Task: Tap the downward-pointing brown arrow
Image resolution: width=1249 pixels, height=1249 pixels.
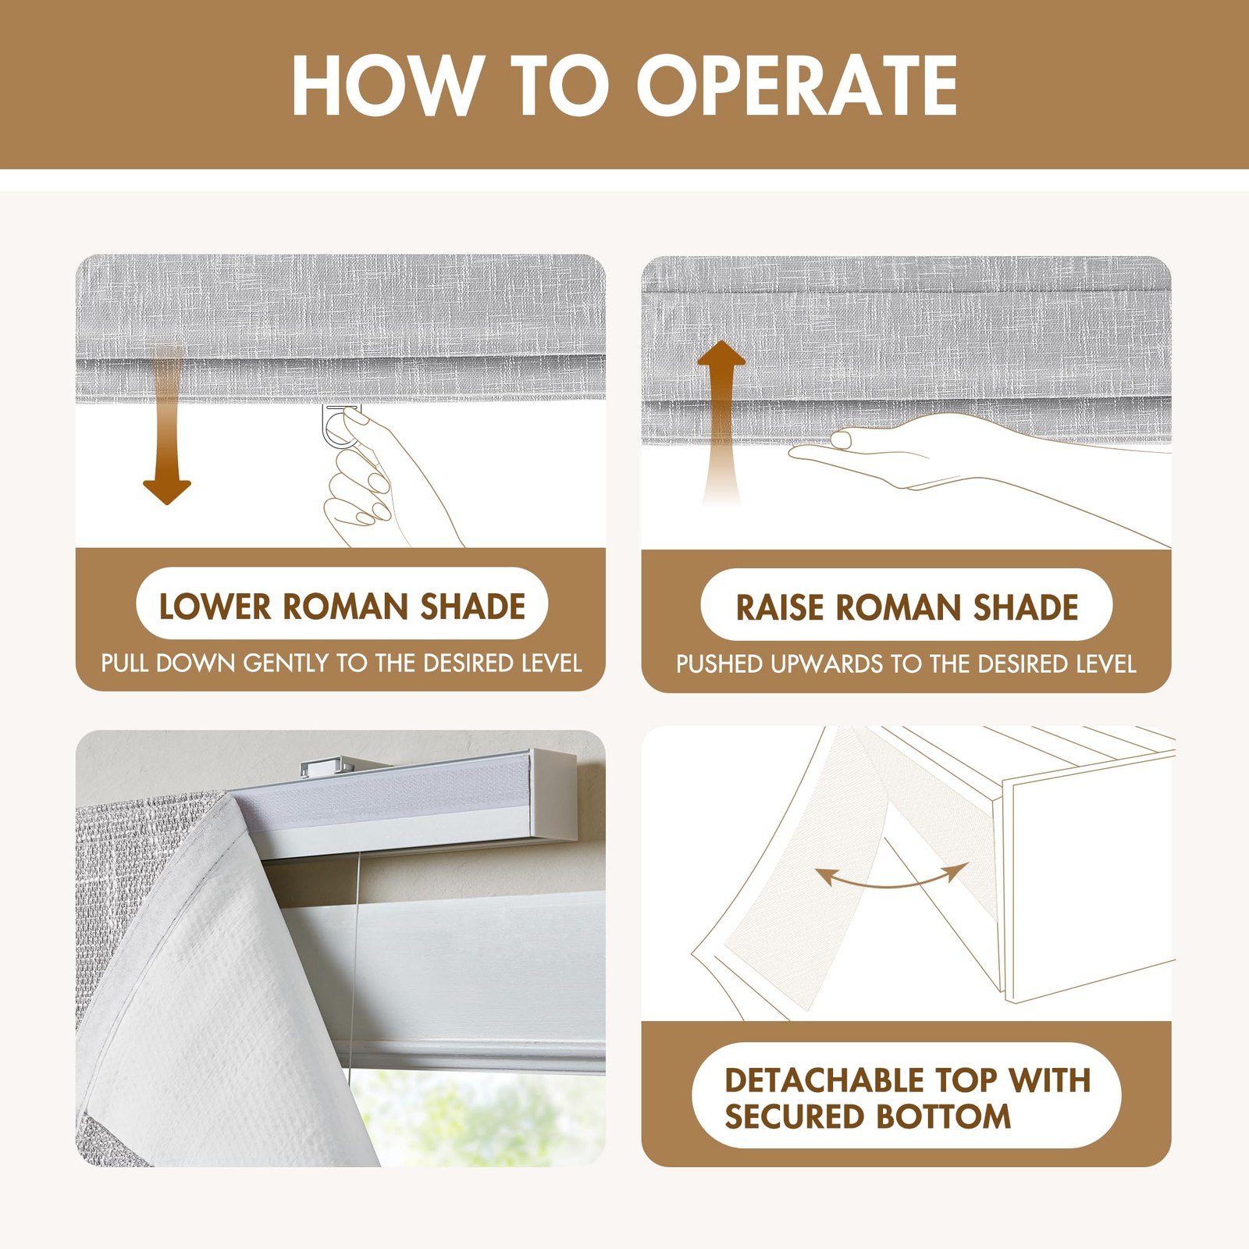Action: pos(167,425)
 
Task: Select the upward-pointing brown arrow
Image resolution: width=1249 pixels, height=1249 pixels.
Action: pos(721,422)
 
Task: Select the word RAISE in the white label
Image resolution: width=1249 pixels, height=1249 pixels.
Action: pos(781,607)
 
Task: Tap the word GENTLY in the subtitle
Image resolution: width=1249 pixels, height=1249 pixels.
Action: pos(286,664)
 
